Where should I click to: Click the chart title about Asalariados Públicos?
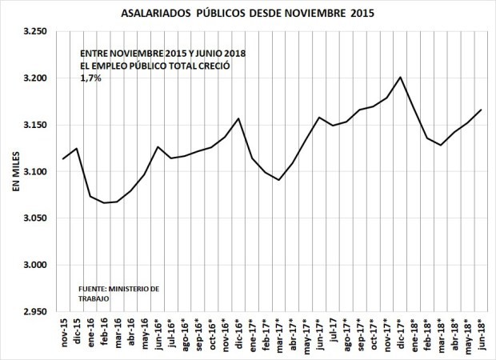point(247,14)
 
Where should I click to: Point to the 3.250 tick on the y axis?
point(34,32)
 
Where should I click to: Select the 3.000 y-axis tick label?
point(34,265)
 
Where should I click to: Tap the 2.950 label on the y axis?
point(34,311)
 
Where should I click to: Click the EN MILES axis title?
point(16,171)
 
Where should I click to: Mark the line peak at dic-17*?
point(400,77)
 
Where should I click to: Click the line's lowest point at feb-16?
point(104,202)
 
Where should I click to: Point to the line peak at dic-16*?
point(238,118)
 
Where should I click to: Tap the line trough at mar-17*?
point(278,180)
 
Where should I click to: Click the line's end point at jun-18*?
point(482,110)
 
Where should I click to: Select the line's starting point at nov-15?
point(63,159)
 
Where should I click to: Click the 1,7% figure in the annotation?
point(90,78)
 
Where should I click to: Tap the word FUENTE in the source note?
point(92,289)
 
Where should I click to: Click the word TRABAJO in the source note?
point(94,299)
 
